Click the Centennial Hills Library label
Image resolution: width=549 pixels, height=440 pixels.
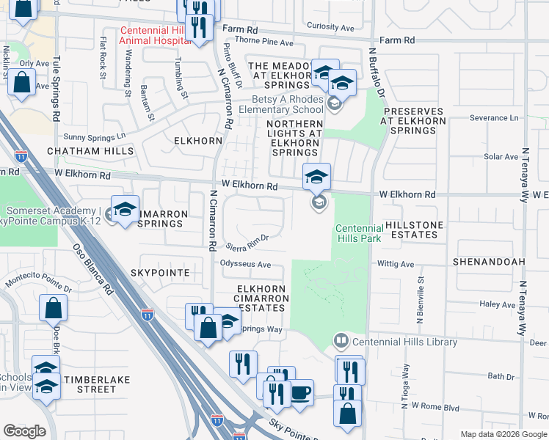(404, 342)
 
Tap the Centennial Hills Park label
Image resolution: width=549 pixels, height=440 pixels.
(359, 233)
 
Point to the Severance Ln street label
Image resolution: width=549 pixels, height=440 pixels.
(494, 117)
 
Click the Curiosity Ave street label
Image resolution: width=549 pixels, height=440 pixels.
(330, 28)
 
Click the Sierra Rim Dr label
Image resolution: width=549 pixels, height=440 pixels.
(248, 242)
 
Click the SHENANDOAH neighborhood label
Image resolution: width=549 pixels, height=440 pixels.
(489, 261)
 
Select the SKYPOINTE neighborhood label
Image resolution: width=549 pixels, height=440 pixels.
(160, 273)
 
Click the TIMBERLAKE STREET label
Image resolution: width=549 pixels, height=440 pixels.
(90, 384)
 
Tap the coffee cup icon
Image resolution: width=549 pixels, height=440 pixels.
(300, 392)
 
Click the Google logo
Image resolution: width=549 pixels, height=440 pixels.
(24, 431)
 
